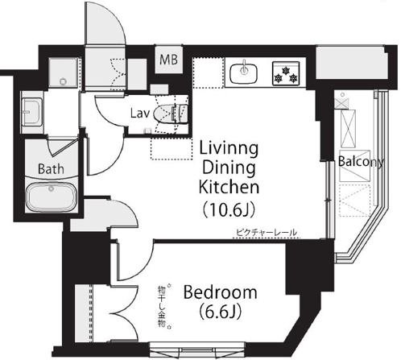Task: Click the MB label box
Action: point(169,60)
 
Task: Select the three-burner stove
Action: point(286,73)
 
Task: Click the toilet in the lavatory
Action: point(171,114)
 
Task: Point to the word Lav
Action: point(139,114)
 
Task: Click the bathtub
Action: point(51,197)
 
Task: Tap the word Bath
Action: point(51,169)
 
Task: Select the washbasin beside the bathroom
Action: point(31,112)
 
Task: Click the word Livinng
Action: point(229,150)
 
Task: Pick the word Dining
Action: point(229,168)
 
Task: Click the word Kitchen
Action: point(229,187)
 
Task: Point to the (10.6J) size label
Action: point(229,209)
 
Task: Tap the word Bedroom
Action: point(220,292)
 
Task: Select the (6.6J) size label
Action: point(220,312)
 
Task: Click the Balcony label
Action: point(361,162)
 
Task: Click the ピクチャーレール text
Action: point(267,232)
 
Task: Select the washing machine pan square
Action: point(64,72)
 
